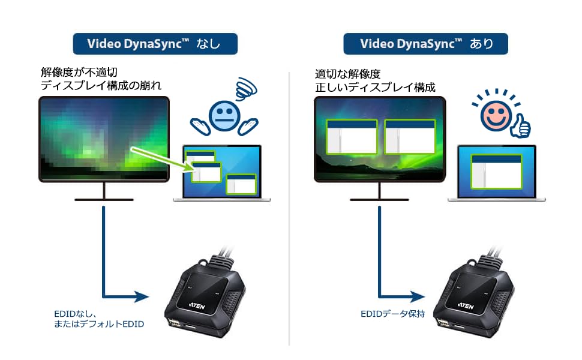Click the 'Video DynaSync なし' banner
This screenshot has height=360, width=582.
pos(155,44)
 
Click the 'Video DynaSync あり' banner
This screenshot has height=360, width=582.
pos(425,44)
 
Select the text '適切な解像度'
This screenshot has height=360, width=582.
pos(348,74)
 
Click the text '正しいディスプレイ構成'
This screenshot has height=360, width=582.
pos(375,87)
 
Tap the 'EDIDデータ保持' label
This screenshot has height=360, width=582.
pos(392,313)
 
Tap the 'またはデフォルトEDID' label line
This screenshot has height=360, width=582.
pos(100,324)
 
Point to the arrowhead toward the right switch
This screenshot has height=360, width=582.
pos(418,296)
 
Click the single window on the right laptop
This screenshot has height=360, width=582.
pos(496,171)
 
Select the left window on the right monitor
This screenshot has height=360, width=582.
pos(352,137)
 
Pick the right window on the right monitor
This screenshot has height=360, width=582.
pos(410,137)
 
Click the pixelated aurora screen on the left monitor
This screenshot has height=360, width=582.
pos(104,139)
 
